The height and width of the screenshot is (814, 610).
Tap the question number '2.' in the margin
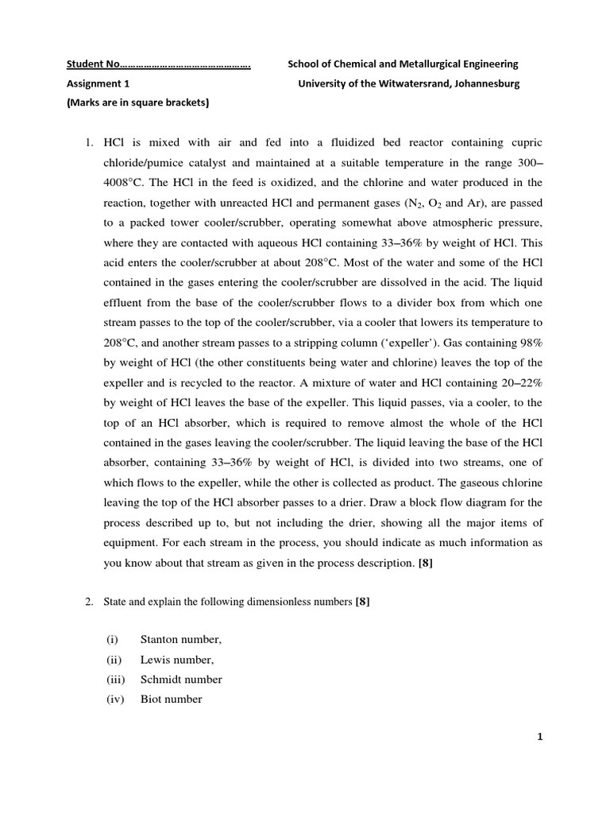[x=89, y=603]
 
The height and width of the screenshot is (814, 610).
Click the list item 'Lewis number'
[x=177, y=659]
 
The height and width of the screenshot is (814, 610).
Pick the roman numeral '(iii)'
[x=117, y=680]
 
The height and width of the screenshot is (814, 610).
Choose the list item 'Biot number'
[x=172, y=700]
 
